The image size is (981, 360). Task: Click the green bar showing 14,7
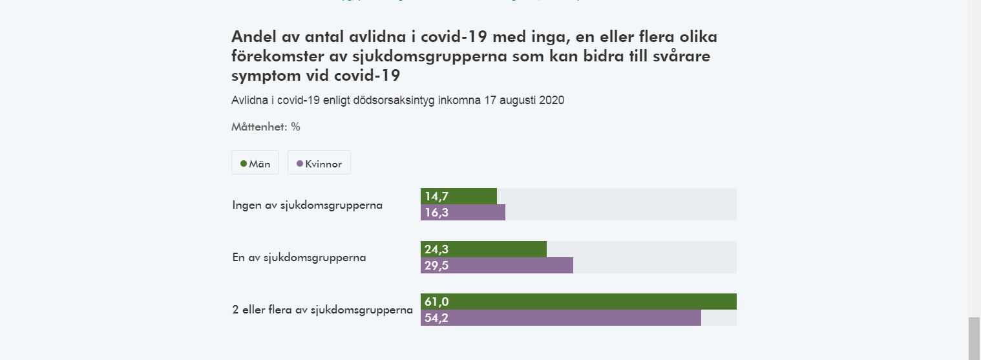click(459, 196)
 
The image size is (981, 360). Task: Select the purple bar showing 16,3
click(463, 213)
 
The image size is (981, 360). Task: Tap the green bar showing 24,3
click(483, 249)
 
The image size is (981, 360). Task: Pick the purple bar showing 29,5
click(497, 265)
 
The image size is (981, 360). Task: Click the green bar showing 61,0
click(578, 301)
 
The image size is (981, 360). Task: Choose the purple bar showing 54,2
click(561, 317)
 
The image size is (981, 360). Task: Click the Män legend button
click(255, 164)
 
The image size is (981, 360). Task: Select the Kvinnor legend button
click(319, 164)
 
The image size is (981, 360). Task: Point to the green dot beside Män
click(244, 164)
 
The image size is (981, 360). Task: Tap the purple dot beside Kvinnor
click(299, 164)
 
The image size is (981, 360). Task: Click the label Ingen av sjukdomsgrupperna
click(308, 206)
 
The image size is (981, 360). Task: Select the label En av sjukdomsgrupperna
click(299, 257)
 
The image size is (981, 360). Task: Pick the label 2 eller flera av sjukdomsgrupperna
click(322, 310)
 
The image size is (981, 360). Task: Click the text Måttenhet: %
click(266, 127)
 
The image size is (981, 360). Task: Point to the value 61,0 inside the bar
click(436, 301)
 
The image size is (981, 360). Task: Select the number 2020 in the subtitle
click(552, 101)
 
